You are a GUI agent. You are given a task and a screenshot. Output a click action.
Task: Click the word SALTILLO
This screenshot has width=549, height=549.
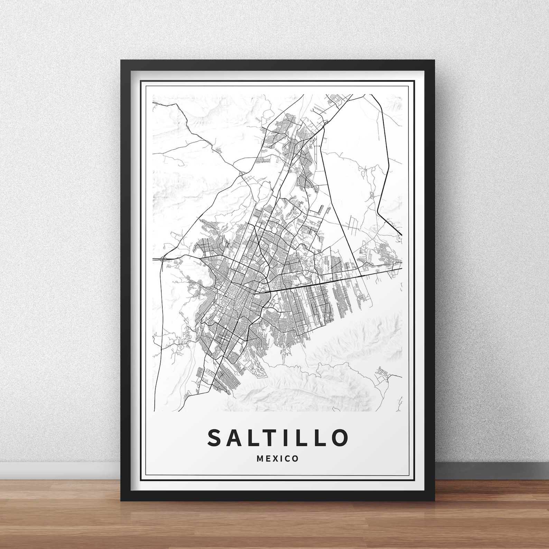pos(277,437)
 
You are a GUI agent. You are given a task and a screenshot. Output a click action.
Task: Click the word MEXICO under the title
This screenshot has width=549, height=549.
pos(277,459)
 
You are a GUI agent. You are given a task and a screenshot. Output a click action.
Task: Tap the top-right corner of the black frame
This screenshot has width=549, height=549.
pos(434,61)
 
